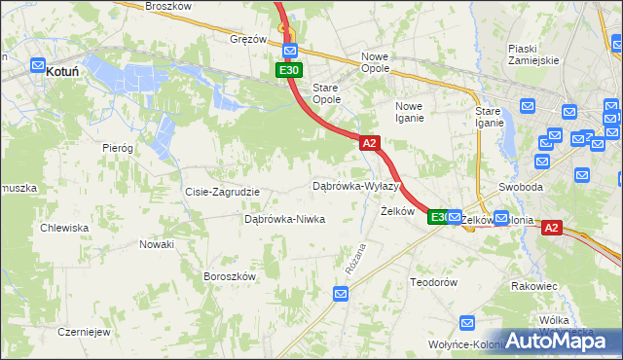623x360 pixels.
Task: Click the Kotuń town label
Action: (61, 71)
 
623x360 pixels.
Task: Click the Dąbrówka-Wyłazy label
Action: (355, 185)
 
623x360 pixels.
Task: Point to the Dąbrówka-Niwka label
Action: (284, 220)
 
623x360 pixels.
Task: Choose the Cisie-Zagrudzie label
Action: (222, 192)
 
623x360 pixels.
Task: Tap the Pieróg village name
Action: (117, 147)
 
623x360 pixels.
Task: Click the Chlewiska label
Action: (64, 228)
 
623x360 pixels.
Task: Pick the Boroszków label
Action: (229, 276)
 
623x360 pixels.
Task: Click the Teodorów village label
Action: (433, 282)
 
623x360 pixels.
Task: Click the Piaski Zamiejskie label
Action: (533, 54)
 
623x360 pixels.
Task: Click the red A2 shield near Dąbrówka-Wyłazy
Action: (369, 143)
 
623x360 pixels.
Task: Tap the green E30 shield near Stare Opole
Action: (288, 70)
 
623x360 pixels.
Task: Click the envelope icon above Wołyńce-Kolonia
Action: (467, 323)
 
